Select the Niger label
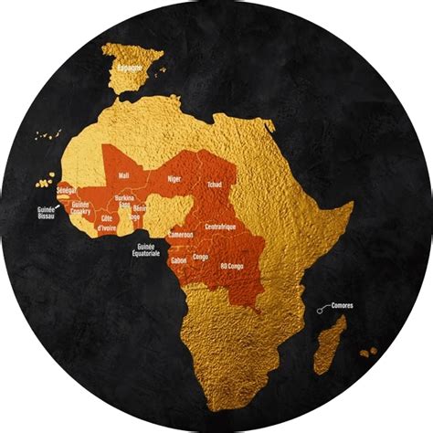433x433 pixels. click(x=174, y=179)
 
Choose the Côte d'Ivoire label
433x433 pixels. click(x=109, y=223)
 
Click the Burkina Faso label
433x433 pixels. click(x=124, y=202)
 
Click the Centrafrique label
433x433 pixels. click(x=223, y=226)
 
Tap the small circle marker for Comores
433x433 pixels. click(x=319, y=312)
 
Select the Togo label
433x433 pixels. click(x=135, y=217)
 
